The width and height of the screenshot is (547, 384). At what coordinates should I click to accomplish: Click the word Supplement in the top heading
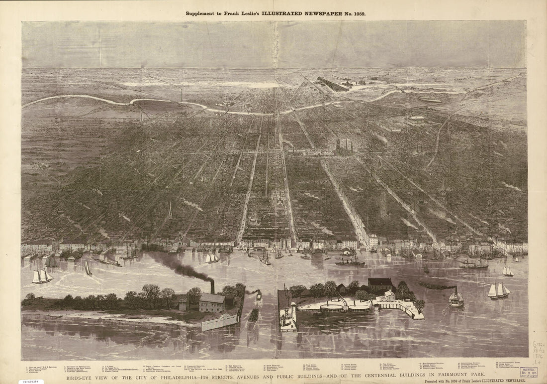[202, 14]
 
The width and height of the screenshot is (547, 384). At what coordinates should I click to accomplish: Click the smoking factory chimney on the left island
[212, 287]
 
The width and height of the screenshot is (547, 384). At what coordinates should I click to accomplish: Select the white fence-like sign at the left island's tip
[219, 322]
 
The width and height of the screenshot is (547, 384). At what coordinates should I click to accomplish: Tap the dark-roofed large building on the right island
[380, 285]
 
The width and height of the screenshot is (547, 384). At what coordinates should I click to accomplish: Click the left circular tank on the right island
[332, 308]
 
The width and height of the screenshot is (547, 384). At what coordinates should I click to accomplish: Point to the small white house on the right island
[390, 295]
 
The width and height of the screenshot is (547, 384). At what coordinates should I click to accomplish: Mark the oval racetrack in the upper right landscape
[430, 100]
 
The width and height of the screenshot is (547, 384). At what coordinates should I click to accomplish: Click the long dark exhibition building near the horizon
[333, 85]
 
